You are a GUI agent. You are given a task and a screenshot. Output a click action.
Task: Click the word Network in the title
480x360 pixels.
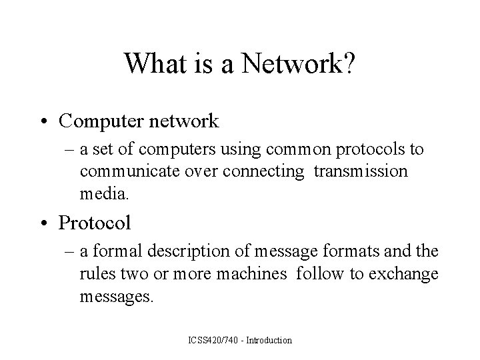coord(287,64)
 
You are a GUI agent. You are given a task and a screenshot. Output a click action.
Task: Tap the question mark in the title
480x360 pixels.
coord(349,64)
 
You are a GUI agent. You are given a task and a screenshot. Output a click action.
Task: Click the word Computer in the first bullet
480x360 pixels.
coord(101,121)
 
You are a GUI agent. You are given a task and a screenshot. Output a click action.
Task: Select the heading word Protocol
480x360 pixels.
coord(95,222)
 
